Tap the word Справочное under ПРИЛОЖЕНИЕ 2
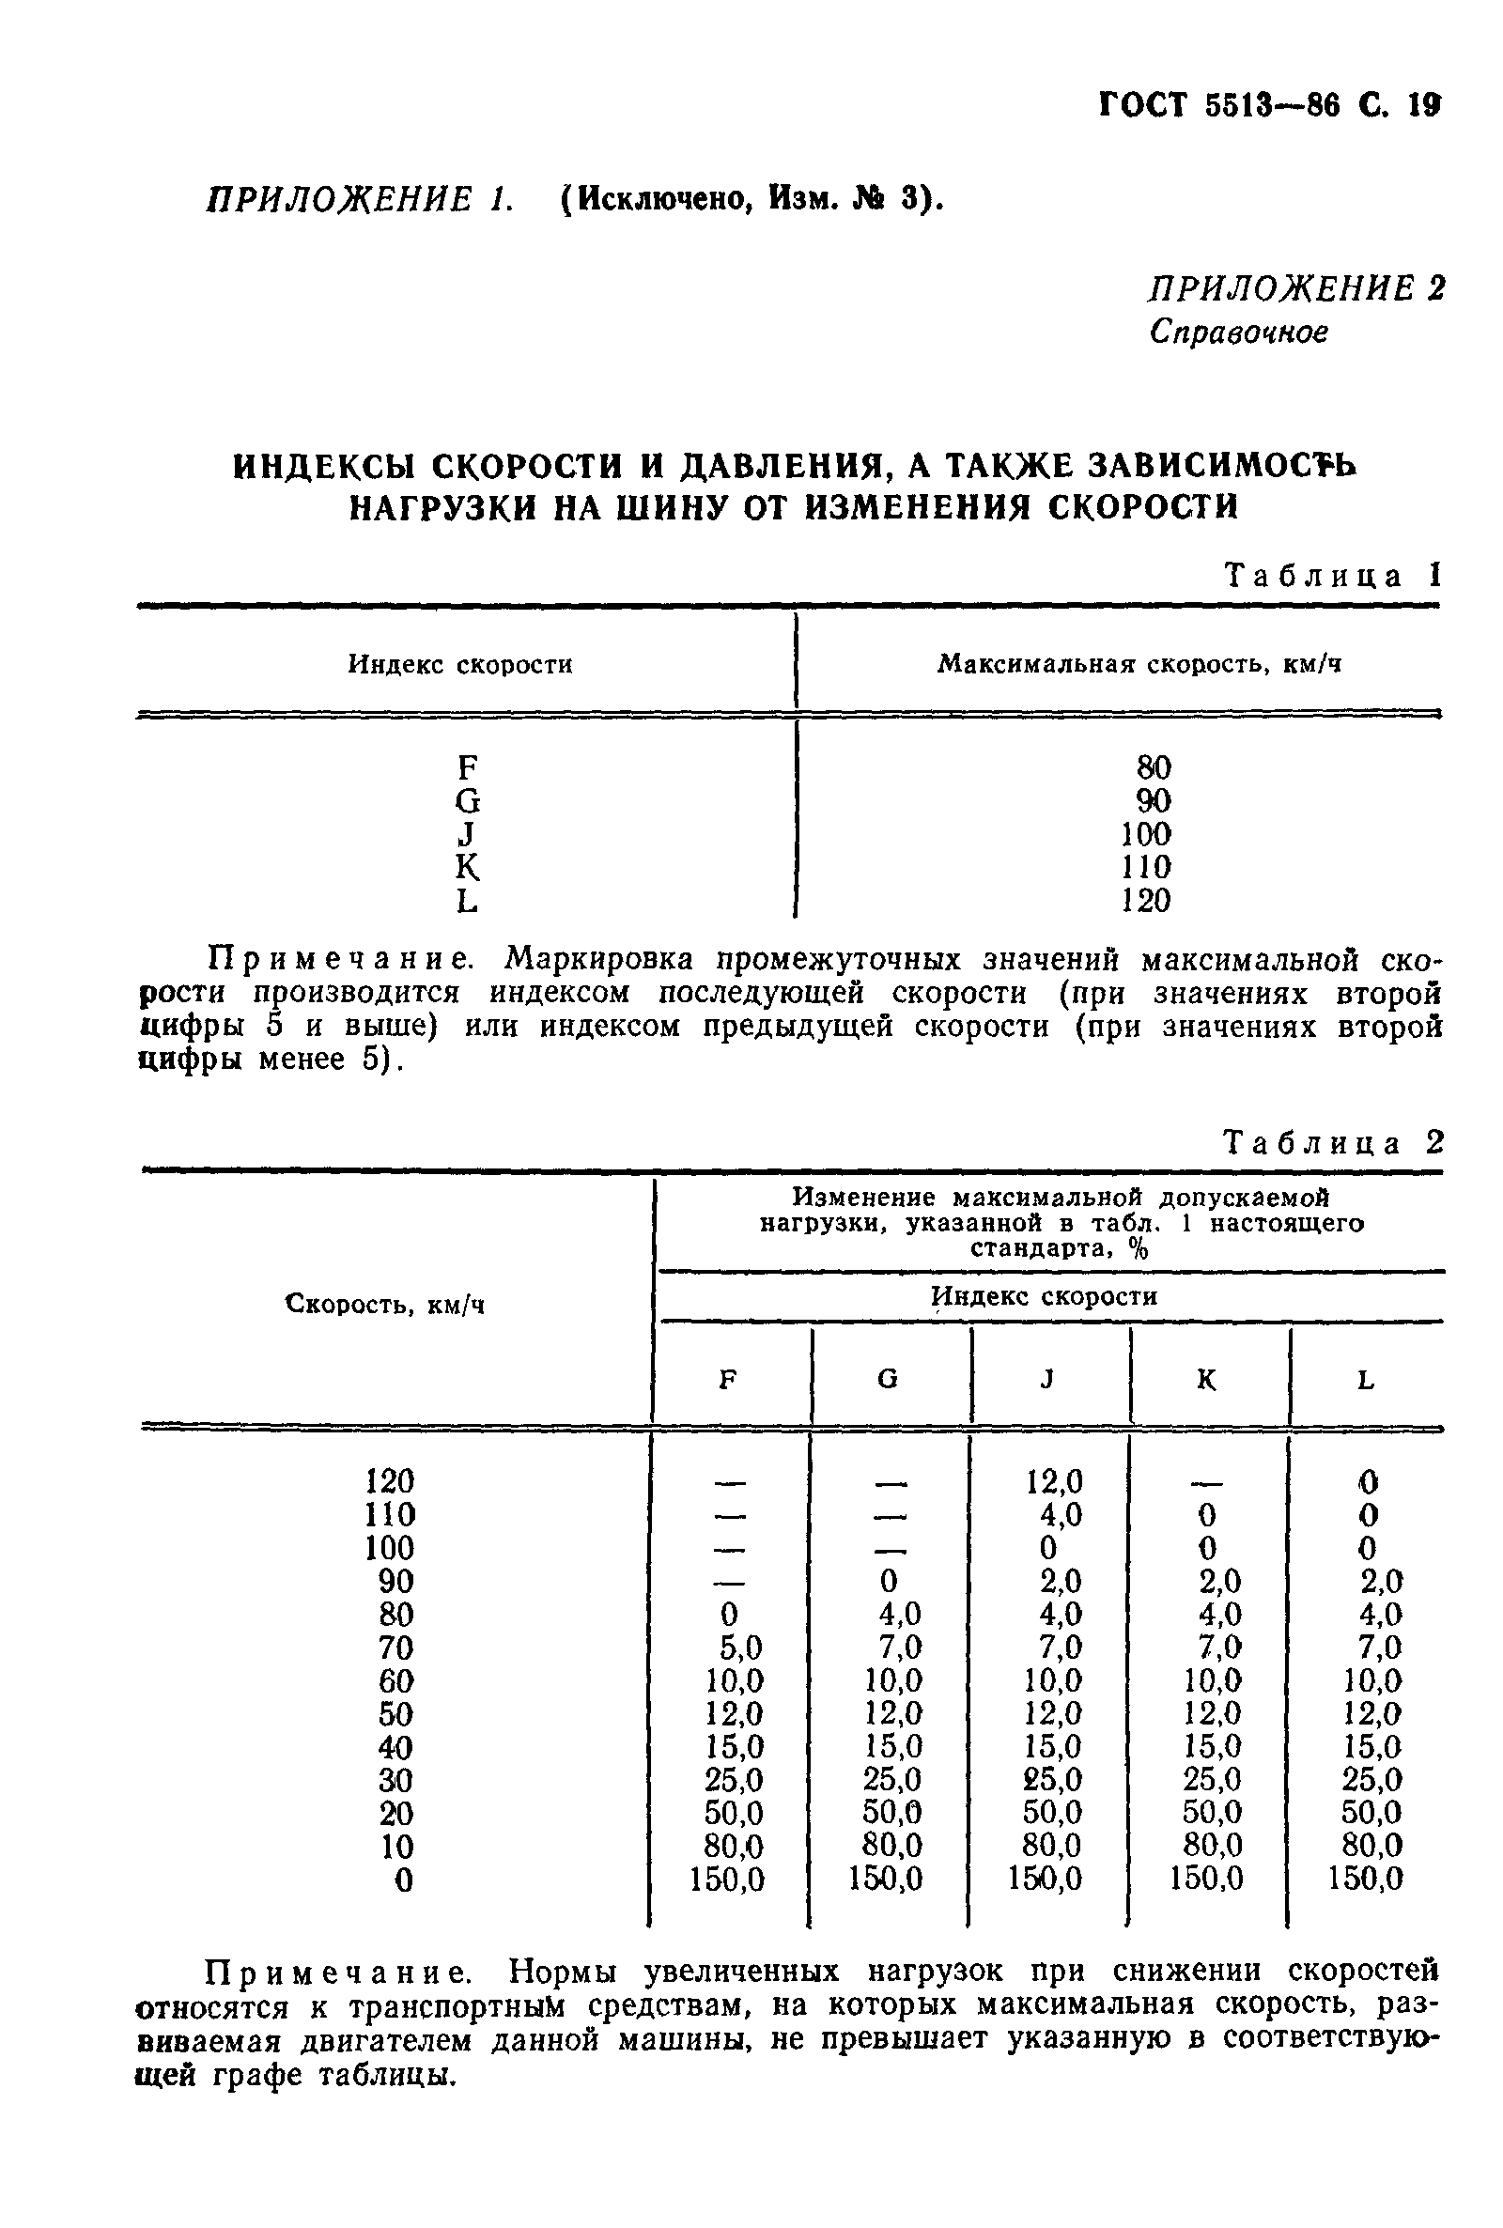coord(1238,333)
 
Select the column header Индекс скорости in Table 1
coord(460,664)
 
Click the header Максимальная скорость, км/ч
coord(1139,664)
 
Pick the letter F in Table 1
coord(467,767)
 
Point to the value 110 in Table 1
coord(1145,867)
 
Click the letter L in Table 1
coord(467,901)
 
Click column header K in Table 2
coord(1207,1380)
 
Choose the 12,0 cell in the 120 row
coord(1053,1482)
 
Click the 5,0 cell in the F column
coord(741,1648)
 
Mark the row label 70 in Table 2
coord(395,1648)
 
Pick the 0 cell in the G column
coord(889,1581)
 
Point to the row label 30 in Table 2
coord(395,1781)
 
